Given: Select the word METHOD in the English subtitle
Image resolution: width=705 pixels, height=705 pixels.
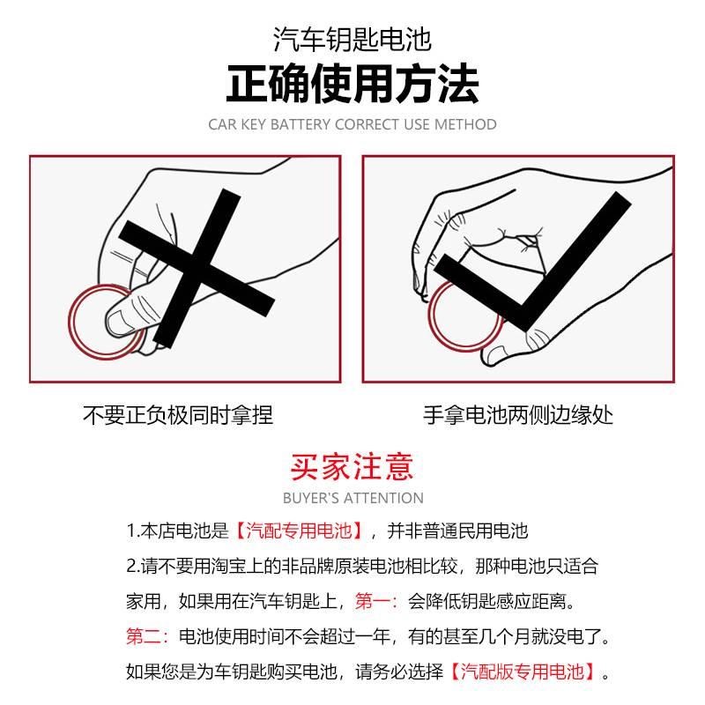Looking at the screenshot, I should tap(465, 125).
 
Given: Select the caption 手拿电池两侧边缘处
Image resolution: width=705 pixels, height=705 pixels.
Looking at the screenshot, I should tap(518, 414).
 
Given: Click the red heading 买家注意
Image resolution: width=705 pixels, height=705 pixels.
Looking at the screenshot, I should tap(352, 465).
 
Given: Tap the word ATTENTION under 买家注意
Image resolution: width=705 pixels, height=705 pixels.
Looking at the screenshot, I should tap(383, 498).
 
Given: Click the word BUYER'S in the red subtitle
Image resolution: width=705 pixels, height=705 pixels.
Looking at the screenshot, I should tap(311, 498).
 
